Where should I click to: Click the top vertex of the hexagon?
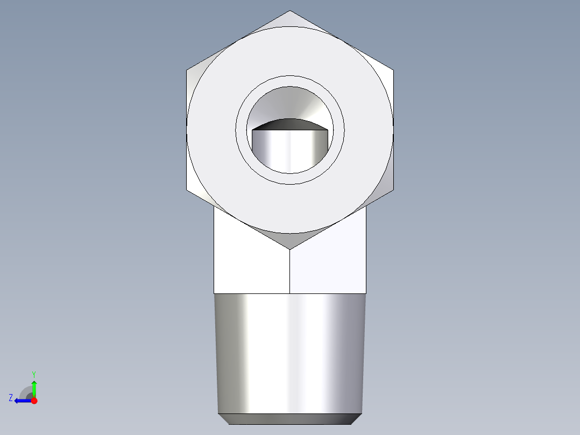(x=290, y=11)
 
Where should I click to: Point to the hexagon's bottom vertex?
(x=290, y=249)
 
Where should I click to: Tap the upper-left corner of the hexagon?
(x=187, y=69)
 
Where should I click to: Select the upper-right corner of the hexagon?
(x=393, y=69)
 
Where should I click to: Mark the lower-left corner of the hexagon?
(x=187, y=190)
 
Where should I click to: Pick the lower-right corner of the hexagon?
(x=393, y=190)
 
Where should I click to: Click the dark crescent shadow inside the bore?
(x=289, y=124)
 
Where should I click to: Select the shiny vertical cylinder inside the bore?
(x=289, y=151)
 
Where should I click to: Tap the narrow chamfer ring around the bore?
(x=290, y=81)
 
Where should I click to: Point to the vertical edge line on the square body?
(x=290, y=272)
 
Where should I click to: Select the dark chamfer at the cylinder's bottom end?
(x=290, y=419)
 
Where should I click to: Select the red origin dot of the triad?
(x=34, y=401)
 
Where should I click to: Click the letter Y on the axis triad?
(x=33, y=374)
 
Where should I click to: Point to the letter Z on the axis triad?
(x=11, y=398)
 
